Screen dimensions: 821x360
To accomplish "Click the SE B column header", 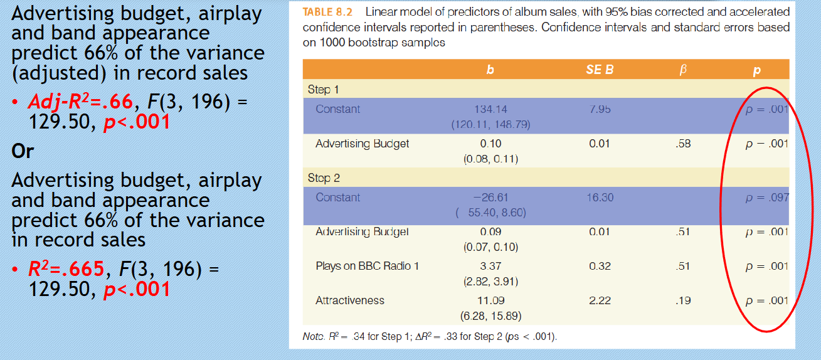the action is (600, 70).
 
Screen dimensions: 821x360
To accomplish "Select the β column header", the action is (683, 70).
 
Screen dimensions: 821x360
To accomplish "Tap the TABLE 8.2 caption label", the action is (327, 12).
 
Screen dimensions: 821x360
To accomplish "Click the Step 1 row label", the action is (323, 90).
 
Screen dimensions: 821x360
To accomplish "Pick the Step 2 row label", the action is (324, 177).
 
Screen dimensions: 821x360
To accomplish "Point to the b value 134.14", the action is (490, 109).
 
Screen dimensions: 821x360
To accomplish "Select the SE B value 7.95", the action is (600, 109).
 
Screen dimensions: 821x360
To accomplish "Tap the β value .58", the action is (683, 144).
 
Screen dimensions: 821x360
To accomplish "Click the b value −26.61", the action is (490, 197).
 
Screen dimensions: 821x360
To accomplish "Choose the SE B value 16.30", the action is (600, 197).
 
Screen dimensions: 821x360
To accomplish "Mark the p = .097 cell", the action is (767, 198).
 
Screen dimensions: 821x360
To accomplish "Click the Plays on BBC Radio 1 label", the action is (368, 266).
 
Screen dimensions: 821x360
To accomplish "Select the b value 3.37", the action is (490, 266).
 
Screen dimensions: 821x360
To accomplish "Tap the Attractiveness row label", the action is (350, 300).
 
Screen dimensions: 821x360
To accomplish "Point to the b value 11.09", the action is (490, 300).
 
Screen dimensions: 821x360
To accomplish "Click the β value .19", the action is (683, 300).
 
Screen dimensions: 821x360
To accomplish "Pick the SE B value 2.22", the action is (600, 300).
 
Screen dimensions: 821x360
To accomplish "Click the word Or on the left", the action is (23, 151).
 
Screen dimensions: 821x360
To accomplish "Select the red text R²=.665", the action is (66, 268).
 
